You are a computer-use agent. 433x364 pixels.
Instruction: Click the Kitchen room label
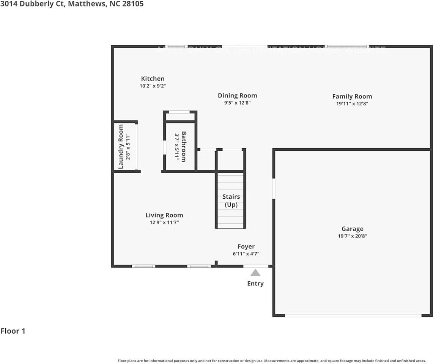[x=153, y=79]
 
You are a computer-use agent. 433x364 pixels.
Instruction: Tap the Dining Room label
[x=237, y=96]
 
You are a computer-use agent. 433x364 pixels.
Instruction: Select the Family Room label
[x=352, y=96]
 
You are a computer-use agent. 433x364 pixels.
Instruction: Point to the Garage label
[x=352, y=229]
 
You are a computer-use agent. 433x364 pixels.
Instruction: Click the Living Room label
[x=164, y=215]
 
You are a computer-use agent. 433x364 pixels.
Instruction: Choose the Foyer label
[x=246, y=246]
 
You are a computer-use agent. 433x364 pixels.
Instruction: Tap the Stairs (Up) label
[x=231, y=201]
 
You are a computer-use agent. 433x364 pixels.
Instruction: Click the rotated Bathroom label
[x=184, y=146]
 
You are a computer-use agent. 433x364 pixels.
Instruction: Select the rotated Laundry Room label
[x=121, y=146]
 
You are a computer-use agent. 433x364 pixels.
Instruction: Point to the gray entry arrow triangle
[x=255, y=272]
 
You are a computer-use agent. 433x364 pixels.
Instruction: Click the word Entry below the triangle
[x=255, y=284]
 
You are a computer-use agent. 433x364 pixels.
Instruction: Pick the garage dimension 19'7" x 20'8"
[x=352, y=236]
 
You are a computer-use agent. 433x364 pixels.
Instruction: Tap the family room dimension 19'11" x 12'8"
[x=352, y=104]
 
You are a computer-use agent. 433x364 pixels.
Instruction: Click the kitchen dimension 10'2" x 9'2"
[x=153, y=86]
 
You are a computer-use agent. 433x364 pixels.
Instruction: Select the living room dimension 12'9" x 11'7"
[x=164, y=223]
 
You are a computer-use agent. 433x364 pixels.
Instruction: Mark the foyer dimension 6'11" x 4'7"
[x=246, y=254]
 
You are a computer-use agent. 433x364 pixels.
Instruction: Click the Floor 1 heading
[x=13, y=331]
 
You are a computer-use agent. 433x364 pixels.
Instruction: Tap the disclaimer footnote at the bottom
[x=272, y=361]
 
